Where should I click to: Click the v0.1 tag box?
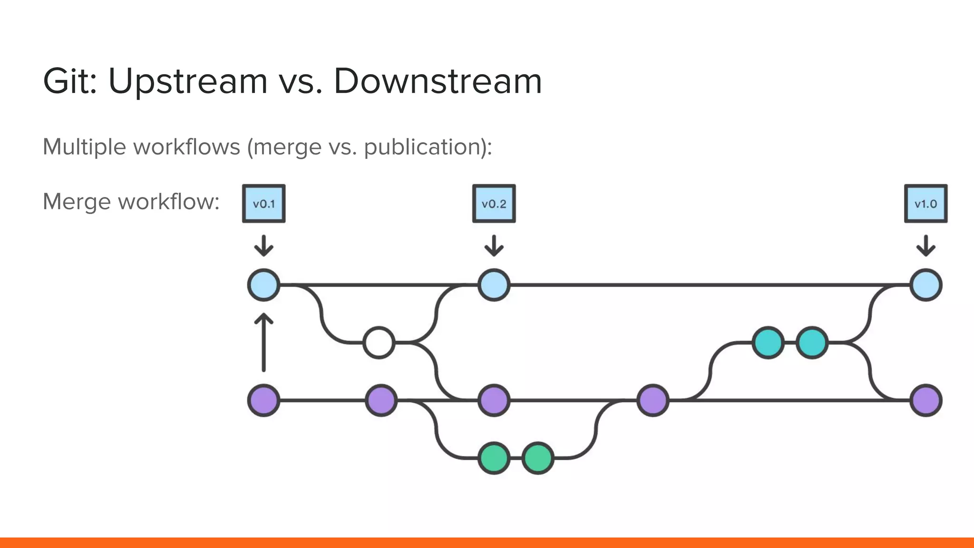264,204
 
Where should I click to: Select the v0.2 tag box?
494,204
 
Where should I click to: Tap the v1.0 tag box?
925,204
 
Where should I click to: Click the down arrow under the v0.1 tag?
264,246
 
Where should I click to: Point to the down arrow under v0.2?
494,246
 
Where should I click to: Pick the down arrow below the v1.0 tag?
925,246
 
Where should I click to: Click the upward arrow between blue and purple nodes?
264,342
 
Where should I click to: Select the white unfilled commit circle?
379,342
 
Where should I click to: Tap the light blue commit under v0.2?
494,285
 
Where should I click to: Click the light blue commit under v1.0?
925,285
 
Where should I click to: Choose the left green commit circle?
494,458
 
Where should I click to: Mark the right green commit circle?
538,458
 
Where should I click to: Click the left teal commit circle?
768,342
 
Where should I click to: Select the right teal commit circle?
812,342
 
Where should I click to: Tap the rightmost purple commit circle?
925,401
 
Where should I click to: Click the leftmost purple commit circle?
264,401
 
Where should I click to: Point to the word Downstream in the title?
438,81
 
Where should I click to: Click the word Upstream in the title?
188,81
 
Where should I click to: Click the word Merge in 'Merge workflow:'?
77,202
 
